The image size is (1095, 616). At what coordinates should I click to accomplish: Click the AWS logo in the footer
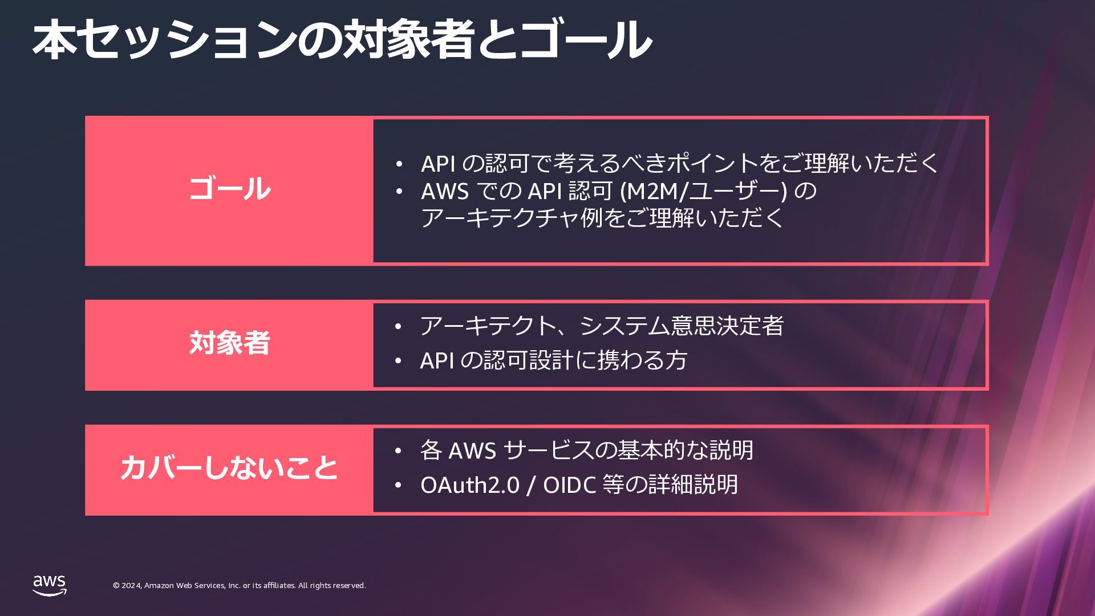49,585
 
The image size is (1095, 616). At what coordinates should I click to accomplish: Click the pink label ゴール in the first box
229,189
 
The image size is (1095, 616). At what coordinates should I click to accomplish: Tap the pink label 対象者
229,343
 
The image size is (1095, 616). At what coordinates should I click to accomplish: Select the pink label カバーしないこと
229,468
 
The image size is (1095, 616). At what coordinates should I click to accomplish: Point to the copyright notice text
239,586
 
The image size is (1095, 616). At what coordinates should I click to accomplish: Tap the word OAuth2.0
470,485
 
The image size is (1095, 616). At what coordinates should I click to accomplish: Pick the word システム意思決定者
682,326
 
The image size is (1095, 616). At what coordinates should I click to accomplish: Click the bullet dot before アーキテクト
398,327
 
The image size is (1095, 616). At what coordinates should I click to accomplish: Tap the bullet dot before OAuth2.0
398,485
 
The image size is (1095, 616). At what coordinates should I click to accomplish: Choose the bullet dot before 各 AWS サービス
398,451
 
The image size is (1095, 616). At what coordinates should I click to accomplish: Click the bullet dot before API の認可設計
398,361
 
